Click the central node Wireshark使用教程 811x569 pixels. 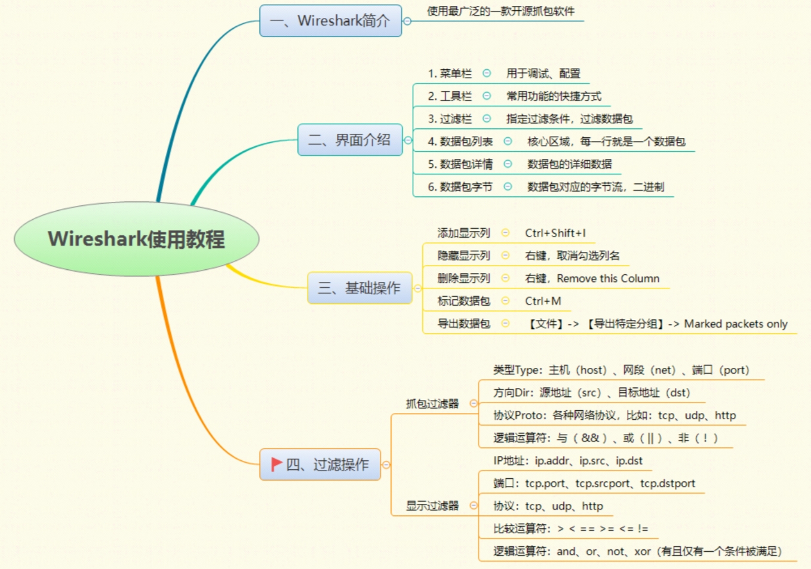(x=136, y=239)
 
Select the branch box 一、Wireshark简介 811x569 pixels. (x=330, y=21)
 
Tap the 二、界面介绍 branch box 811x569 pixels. (x=349, y=140)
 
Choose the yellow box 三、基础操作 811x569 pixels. (x=359, y=288)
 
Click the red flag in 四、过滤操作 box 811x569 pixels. (x=277, y=464)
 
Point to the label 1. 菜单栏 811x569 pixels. (x=450, y=73)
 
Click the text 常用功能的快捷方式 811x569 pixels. (x=554, y=96)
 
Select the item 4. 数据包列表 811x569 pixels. (x=460, y=142)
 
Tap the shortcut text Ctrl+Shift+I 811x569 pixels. (x=555, y=233)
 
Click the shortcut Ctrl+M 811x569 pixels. (x=543, y=301)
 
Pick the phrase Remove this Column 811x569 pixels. (x=608, y=278)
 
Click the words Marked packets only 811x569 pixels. (x=735, y=324)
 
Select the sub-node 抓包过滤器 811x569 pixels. (x=432, y=404)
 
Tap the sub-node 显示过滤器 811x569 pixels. (x=432, y=506)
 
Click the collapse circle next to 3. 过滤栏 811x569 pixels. (x=487, y=119)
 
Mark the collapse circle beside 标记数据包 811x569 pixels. (x=505, y=301)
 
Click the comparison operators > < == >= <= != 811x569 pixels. (x=603, y=528)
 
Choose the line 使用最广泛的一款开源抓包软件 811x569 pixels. (x=500, y=11)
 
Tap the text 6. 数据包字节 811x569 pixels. (x=460, y=187)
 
